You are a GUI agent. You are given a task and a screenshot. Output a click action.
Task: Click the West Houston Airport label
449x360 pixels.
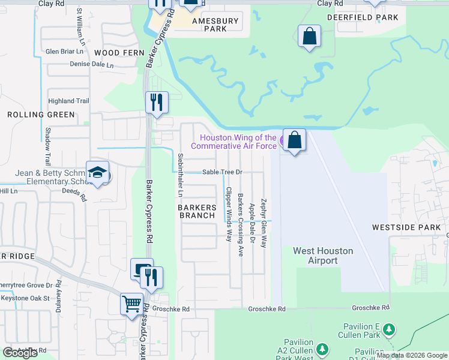coord(323,256)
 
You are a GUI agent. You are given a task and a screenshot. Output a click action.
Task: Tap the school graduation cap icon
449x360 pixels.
coord(97,173)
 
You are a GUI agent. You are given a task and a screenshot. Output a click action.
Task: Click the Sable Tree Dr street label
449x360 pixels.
coord(221,172)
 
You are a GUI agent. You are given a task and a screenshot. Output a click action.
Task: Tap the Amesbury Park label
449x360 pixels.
coord(215,25)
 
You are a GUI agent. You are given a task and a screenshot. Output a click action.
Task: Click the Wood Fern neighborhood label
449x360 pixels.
coord(119,53)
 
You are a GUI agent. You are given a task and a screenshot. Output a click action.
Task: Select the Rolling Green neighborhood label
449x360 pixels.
coord(41,115)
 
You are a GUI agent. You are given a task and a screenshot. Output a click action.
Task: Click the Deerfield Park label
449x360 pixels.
coord(363,18)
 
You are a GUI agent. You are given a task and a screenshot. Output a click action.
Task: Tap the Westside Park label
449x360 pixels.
coord(406,227)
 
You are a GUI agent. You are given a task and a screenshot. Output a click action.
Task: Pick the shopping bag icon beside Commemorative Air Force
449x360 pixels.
coord(294,140)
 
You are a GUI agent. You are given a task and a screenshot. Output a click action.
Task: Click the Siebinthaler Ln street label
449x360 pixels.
coord(180,175)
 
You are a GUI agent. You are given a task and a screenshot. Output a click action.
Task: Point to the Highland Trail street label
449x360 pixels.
coord(68,101)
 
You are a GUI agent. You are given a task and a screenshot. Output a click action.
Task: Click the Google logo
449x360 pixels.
coord(20,353)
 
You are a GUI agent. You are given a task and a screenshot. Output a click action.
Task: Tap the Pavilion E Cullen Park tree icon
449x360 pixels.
coord(389,329)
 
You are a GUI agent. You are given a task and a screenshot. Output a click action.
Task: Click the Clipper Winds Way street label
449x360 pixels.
coord(228,214)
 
